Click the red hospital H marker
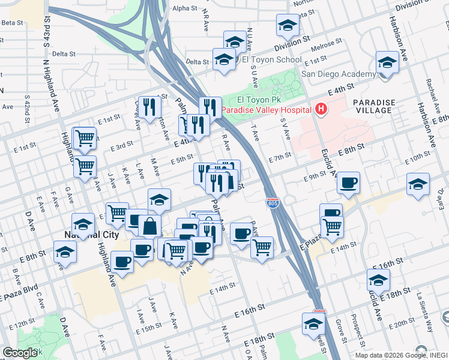tap(321, 109)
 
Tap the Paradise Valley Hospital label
tap(267, 110)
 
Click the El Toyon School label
tap(271, 60)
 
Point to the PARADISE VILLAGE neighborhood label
tap(374, 106)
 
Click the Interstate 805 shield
tap(273, 204)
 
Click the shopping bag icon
tap(149, 227)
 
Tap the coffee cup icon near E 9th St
tap(348, 183)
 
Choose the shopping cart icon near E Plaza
tap(332, 227)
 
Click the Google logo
tap(19, 353)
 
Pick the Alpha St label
tap(184, 8)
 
